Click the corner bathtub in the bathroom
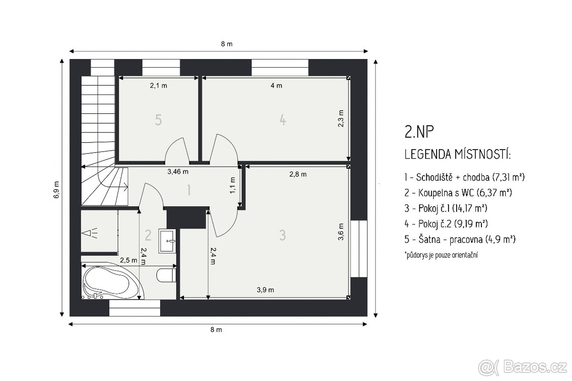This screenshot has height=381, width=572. [112, 281]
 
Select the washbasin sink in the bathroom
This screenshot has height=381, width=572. [167, 241]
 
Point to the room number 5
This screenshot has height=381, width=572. [158, 120]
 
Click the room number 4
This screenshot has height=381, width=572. [283, 120]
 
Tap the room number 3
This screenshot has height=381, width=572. [282, 235]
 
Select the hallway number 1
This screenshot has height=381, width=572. [189, 190]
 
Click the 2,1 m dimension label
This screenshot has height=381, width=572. [159, 86]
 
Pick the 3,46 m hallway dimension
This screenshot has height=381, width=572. [178, 172]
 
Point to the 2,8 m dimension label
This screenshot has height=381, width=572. [298, 174]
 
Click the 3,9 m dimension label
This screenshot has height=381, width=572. [266, 290]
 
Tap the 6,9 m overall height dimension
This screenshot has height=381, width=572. [56, 190]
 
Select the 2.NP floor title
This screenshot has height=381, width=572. [419, 132]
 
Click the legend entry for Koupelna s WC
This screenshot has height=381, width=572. [459, 193]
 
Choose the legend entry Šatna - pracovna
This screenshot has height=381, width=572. [460, 240]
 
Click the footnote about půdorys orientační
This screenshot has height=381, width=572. [441, 255]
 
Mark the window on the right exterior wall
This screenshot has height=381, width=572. [359, 249]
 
